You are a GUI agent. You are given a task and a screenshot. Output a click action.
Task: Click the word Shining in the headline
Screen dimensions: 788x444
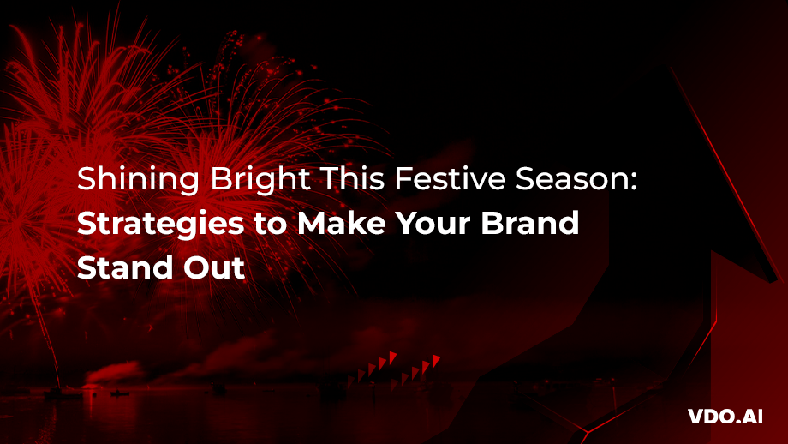(138, 180)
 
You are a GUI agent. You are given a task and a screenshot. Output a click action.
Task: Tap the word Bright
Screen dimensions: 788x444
(260, 180)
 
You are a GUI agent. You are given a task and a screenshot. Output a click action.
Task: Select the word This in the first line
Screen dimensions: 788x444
(350, 178)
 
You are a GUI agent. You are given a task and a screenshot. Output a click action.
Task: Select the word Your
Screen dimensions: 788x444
(433, 223)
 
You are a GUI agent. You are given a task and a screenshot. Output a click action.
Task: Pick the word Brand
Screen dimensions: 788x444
(530, 223)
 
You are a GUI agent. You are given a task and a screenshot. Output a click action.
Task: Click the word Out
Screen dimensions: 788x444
(214, 267)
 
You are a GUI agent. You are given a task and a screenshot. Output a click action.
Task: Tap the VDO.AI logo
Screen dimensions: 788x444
(725, 417)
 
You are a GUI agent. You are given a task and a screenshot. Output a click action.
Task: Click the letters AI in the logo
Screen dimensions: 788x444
(751, 417)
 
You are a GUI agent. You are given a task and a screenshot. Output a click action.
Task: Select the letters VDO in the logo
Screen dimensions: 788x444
(711, 417)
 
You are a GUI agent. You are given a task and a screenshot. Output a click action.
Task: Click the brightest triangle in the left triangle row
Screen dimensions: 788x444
(392, 357)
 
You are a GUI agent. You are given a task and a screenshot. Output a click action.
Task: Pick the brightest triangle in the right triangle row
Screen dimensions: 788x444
(436, 360)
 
